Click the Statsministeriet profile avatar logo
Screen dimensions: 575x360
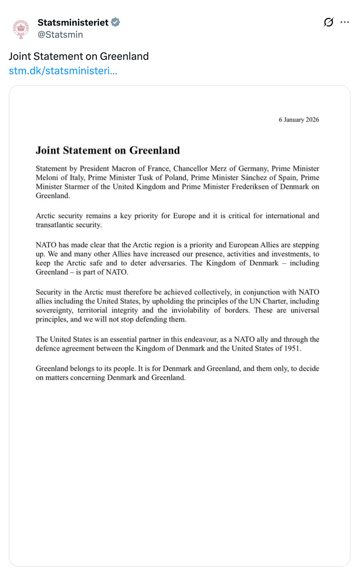(20, 28)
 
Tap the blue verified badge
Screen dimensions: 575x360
(115, 22)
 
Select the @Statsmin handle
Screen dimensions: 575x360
(60, 35)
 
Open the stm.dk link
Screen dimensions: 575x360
(63, 71)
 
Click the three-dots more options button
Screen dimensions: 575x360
(344, 22)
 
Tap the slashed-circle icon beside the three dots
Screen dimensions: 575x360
(328, 22)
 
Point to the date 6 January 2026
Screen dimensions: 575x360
(299, 120)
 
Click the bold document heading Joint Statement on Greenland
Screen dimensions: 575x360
(108, 151)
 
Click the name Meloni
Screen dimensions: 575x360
(47, 177)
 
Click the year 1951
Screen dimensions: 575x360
(292, 349)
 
